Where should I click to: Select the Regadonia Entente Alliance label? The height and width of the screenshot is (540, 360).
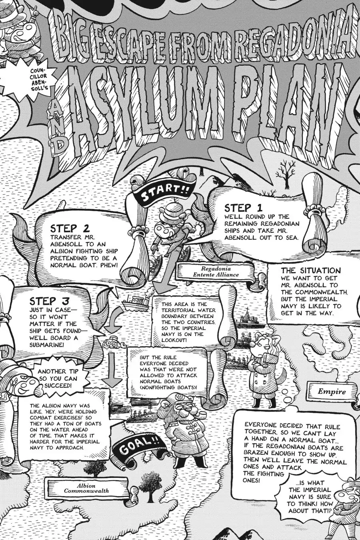coord(216,272)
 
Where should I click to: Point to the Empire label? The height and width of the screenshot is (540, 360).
coord(332,392)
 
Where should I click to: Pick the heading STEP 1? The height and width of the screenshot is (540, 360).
coord(244,208)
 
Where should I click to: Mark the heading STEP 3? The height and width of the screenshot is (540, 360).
coord(49,301)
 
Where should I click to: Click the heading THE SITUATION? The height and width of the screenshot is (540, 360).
coord(311,270)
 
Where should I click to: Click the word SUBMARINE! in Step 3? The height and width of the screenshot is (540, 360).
coord(47,344)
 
